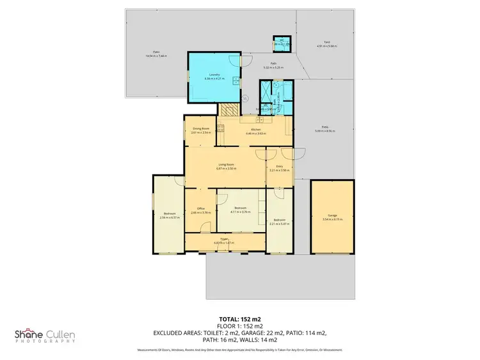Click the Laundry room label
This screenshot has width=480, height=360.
click(214, 75)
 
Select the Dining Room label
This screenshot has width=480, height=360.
click(201, 129)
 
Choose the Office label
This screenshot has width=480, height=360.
click(200, 208)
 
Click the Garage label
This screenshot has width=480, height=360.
click(332, 217)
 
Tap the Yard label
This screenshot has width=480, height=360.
click(326, 42)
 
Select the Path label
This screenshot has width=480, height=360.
click(273, 63)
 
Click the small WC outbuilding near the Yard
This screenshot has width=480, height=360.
click(282, 43)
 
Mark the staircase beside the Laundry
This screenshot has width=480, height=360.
click(228, 109)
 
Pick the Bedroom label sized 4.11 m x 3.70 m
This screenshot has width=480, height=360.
click(240, 208)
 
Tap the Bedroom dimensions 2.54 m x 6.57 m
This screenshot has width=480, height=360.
click(169, 217)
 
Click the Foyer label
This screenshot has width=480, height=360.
click(225, 239)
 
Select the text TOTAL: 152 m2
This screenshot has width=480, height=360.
click(239, 318)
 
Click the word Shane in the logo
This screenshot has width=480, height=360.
click(29, 334)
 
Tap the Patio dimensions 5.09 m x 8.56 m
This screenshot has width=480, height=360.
click(325, 131)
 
